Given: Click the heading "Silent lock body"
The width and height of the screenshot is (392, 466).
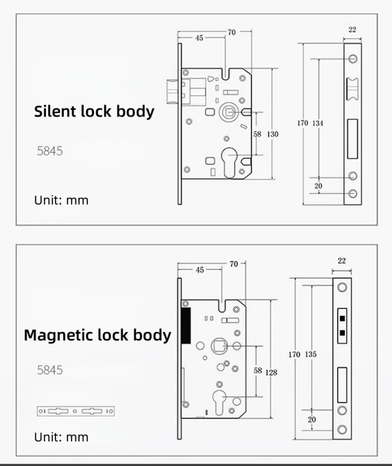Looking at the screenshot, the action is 94,111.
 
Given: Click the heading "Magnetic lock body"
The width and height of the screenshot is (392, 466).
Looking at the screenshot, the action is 98,336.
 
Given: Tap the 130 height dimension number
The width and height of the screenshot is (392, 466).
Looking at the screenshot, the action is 273,134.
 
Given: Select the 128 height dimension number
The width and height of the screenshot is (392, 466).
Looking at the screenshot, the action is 271,372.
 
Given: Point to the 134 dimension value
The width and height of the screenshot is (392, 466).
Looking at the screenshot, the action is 318,123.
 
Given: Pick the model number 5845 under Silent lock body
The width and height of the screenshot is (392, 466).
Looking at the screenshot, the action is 50,151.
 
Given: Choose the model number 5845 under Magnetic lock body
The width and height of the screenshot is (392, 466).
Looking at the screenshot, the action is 50,370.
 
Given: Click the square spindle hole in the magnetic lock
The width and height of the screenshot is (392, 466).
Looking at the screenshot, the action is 218,347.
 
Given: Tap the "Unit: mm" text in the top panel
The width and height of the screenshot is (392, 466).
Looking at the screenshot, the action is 61,200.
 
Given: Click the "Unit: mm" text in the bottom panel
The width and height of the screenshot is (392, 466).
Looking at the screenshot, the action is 61,437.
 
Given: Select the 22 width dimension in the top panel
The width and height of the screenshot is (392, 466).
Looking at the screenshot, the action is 352,29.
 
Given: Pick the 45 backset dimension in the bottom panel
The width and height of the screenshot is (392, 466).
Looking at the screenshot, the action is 199,270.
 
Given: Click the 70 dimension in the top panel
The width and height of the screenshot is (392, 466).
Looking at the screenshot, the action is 231,32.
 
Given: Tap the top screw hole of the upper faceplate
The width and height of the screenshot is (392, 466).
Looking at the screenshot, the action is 353,58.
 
